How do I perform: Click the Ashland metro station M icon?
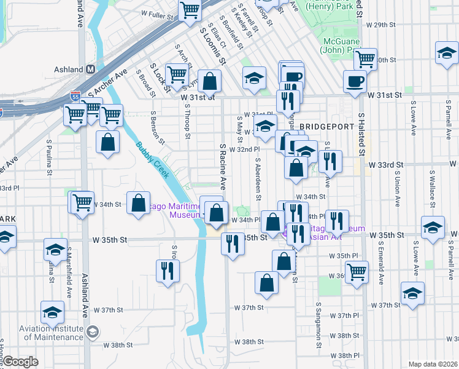click(x=90, y=69)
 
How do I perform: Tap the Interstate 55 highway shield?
click(x=75, y=97)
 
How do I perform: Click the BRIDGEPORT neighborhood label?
click(x=328, y=126)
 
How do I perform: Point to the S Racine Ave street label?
click(x=223, y=166)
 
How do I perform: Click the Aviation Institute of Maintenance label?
click(x=43, y=333)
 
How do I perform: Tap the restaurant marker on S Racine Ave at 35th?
click(x=233, y=242)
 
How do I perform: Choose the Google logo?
click(x=20, y=362)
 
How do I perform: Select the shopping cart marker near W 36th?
click(x=357, y=271)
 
